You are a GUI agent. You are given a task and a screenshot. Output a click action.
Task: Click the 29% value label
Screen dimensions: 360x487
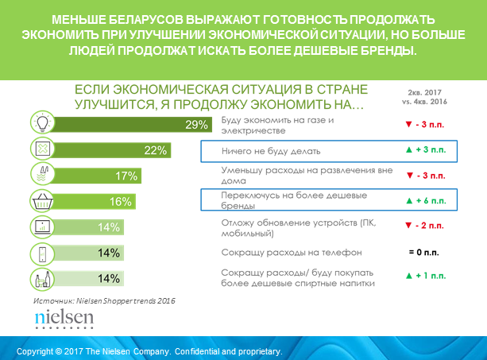tap(196, 124)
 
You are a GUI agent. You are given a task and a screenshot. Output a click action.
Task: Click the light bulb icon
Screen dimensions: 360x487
tap(41, 123)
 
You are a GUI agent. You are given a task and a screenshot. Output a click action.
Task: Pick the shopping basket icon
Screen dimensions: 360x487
tap(41, 200)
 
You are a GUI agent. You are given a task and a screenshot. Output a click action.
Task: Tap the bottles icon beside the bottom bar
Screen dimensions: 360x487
tap(41, 279)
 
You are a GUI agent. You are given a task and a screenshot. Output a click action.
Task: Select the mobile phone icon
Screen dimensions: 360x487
tap(41, 253)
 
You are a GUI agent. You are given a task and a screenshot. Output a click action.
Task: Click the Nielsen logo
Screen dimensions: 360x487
tap(64, 319)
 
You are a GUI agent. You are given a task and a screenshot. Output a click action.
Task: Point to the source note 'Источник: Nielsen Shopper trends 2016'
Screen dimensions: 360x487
tap(106, 301)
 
